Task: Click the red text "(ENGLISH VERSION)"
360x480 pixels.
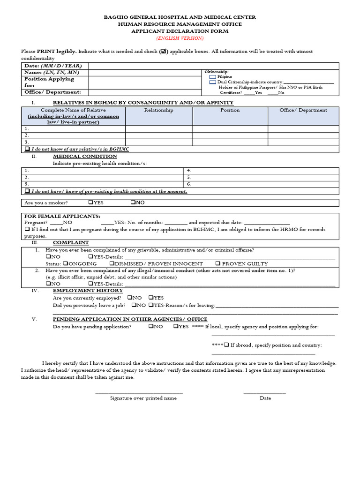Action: (x=180, y=38)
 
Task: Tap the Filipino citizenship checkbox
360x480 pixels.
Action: (x=212, y=76)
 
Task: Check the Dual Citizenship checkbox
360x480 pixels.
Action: (x=212, y=82)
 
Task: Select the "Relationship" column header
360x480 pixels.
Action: (x=158, y=110)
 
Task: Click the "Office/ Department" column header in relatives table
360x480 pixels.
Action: (x=303, y=110)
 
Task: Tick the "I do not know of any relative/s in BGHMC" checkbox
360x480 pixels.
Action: (x=27, y=149)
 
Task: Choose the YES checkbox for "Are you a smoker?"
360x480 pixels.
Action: (x=90, y=202)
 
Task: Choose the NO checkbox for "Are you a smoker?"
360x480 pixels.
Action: (x=133, y=202)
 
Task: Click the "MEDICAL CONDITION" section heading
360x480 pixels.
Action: (x=85, y=156)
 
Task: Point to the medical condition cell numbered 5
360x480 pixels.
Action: (x=261, y=178)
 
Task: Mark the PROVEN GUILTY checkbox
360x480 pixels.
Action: (x=218, y=263)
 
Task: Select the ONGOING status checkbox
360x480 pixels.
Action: (x=66, y=263)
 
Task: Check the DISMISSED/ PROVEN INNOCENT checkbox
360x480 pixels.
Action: (x=112, y=263)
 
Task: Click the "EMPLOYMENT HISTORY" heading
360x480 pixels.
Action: (x=88, y=290)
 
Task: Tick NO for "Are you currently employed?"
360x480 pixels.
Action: (x=130, y=298)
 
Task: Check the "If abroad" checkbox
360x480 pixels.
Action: (x=226, y=345)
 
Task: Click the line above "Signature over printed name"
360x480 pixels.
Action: (x=139, y=393)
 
